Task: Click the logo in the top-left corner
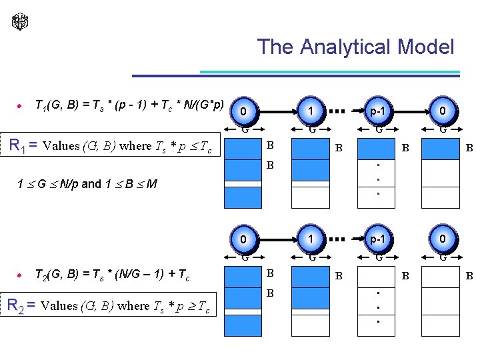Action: [20, 21]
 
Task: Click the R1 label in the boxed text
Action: [23, 145]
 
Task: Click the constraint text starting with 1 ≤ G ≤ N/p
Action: [87, 183]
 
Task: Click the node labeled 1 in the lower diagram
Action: [310, 239]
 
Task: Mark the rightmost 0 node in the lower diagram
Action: [442, 239]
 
